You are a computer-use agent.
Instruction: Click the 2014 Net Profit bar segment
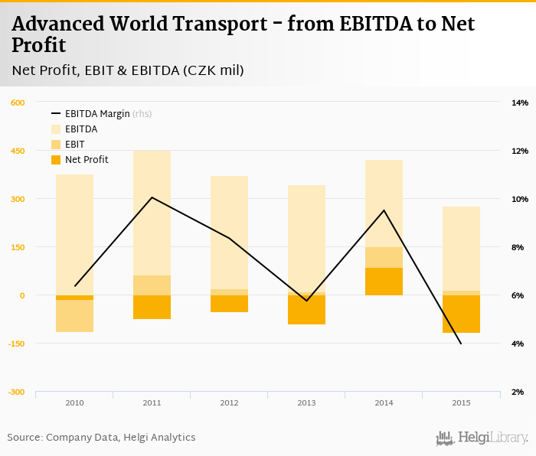pyautogui.click(x=384, y=282)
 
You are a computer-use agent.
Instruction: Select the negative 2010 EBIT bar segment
pyautogui.click(x=74, y=316)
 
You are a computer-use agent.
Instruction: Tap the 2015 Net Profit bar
pyautogui.click(x=461, y=314)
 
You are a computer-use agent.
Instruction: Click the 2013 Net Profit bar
pyautogui.click(x=306, y=310)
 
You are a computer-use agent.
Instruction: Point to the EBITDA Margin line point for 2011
pyautogui.click(x=152, y=197)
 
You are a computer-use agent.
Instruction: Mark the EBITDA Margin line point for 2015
pyautogui.click(x=461, y=344)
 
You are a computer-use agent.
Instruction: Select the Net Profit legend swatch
pyautogui.click(x=56, y=160)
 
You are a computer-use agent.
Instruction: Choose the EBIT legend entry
pyautogui.click(x=74, y=145)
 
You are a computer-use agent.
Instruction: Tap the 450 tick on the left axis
pyautogui.click(x=17, y=151)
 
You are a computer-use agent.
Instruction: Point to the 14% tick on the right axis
pyautogui.click(x=520, y=103)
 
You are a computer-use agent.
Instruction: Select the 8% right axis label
pyautogui.click(x=520, y=247)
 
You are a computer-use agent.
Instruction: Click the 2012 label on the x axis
pyautogui.click(x=229, y=402)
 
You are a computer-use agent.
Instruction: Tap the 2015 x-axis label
pyautogui.click(x=461, y=402)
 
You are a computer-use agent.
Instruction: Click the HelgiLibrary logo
pyautogui.click(x=482, y=438)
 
